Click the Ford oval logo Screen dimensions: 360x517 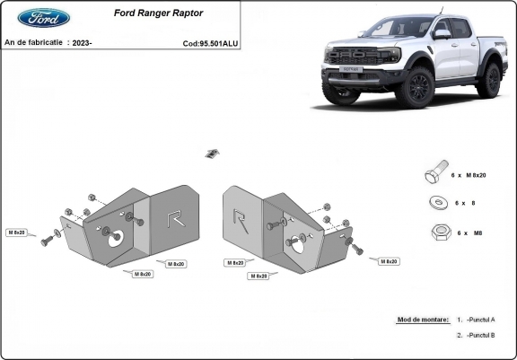[x=43, y=18]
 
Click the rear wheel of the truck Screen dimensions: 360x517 [x=489, y=80]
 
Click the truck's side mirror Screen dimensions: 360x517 [x=442, y=33]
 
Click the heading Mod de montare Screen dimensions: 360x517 [x=422, y=320]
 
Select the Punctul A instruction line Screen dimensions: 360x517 [x=476, y=320]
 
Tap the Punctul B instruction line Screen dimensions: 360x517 [x=476, y=335]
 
